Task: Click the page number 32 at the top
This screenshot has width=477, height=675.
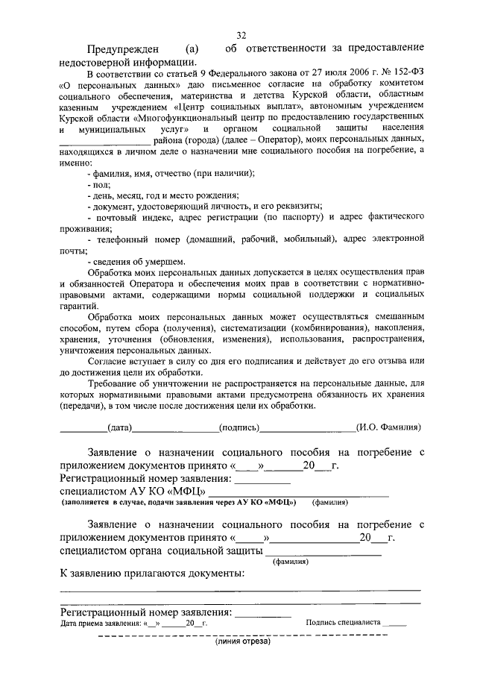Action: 241,35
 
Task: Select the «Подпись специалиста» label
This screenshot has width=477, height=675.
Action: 343,622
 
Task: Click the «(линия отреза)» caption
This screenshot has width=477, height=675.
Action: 242,641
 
